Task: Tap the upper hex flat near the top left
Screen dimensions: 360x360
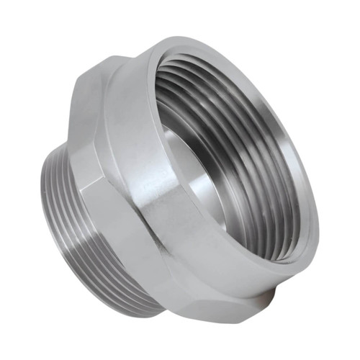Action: click(97, 101)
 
